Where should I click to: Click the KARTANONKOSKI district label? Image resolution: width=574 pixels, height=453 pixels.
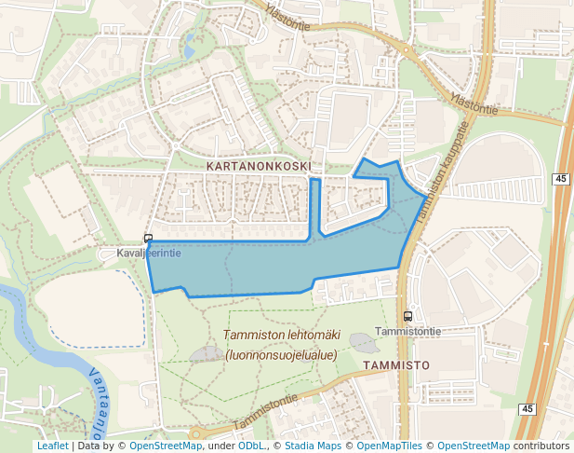point(259,164)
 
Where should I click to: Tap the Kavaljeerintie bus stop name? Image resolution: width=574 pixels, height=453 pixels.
point(149,253)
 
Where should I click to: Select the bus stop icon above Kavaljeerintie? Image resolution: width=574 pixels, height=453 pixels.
point(148,239)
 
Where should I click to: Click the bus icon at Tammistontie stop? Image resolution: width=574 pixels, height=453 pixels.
point(407,316)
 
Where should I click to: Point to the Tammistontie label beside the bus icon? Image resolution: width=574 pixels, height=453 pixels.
point(407,331)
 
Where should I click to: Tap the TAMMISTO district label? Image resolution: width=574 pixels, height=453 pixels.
point(396,365)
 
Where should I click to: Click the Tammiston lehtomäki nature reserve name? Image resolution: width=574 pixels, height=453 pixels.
point(281,336)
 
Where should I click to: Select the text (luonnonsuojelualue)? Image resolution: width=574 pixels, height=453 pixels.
point(281,354)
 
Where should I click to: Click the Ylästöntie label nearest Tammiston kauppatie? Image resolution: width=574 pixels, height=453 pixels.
point(474,103)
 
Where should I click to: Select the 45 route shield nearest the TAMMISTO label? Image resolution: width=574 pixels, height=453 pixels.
point(527,409)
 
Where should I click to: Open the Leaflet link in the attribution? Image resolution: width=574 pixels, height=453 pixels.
point(52,446)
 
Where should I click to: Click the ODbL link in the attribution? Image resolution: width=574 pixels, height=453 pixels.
point(251,446)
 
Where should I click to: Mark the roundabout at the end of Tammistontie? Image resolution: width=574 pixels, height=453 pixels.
point(195,433)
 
